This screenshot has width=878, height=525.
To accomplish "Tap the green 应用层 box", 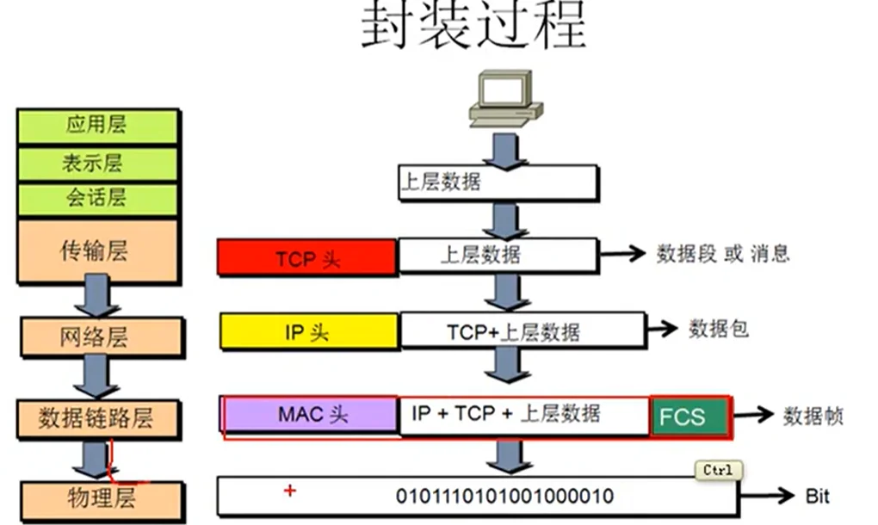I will click(x=96, y=126).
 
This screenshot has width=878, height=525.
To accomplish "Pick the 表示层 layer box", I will click(x=96, y=163).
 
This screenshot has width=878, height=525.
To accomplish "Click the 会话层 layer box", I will click(x=96, y=199).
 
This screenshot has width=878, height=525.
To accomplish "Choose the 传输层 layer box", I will click(x=96, y=250).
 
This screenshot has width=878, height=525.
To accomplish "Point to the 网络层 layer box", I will click(x=102, y=337).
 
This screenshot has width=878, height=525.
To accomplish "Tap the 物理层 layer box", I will click(x=102, y=498).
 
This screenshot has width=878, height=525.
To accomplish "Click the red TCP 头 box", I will click(x=307, y=258).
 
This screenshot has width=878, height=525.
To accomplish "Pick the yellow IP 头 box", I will click(x=308, y=332).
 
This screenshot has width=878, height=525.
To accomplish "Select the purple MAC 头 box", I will click(x=311, y=415).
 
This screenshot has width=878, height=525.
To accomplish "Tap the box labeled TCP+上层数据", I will click(x=522, y=331).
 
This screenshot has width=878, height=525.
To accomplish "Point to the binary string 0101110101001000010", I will click(x=504, y=497).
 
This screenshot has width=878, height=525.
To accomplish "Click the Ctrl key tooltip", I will click(x=718, y=470).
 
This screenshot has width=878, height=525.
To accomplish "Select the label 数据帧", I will click(x=813, y=417).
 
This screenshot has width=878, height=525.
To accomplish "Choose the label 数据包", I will click(x=718, y=329).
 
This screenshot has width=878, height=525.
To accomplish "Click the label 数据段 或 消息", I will click(x=722, y=254).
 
